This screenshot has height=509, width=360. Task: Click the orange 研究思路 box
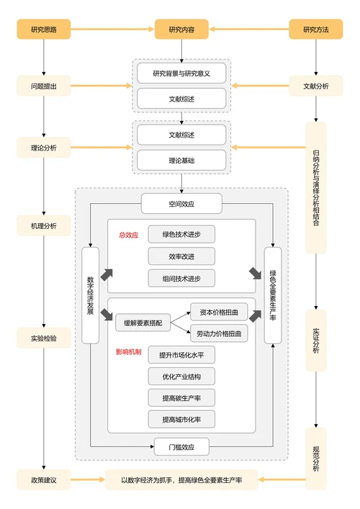point(44,30)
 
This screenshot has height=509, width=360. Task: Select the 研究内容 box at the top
point(181,30)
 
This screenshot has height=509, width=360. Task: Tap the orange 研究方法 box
point(315,30)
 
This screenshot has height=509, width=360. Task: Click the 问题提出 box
point(44,86)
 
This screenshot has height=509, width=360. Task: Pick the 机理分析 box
point(44,226)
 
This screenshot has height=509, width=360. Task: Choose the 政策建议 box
point(44,480)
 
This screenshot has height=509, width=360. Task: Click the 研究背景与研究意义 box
point(181,73)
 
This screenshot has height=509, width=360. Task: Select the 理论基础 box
point(181,161)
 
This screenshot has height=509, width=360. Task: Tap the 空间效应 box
point(181,204)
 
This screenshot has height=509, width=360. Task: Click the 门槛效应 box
point(181,446)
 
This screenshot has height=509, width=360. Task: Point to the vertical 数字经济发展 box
point(91,295)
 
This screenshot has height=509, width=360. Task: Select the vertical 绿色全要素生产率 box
point(273,295)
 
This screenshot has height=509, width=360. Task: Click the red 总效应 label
point(128,235)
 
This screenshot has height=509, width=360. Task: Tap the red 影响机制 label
point(130,352)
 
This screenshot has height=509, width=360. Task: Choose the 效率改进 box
point(181,256)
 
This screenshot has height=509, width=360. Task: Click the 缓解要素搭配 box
point(143,323)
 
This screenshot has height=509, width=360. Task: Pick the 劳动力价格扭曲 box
point(219,334)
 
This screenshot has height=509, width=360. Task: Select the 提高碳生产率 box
point(181,397)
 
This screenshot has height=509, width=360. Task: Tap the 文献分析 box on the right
point(315,86)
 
